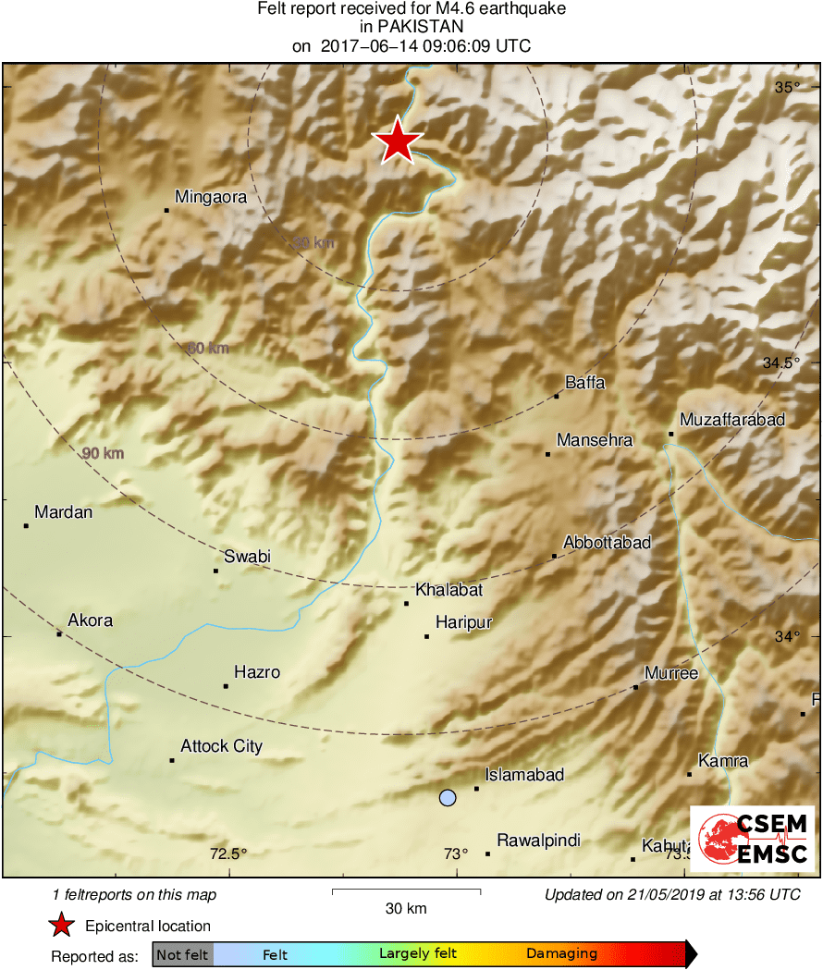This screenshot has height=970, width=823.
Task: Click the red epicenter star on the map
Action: [x=398, y=141]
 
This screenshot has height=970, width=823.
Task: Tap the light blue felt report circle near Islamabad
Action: [x=448, y=797]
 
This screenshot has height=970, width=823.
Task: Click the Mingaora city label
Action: [x=211, y=196]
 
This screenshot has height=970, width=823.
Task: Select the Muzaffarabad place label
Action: [x=732, y=420]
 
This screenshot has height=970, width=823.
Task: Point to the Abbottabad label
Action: [x=608, y=543]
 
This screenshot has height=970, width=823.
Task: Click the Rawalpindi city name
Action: [x=539, y=841]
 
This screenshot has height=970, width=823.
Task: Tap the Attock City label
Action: [x=222, y=746]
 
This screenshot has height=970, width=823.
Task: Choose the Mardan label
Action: [x=64, y=511]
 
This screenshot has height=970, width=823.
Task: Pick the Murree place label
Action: [x=671, y=673]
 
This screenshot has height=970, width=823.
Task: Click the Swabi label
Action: [x=248, y=557]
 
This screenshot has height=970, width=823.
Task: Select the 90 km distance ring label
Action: [x=103, y=453]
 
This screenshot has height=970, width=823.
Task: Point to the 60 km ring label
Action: [x=208, y=349]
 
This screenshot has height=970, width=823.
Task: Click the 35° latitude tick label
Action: [x=788, y=88]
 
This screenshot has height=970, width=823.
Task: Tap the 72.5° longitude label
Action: [x=229, y=853]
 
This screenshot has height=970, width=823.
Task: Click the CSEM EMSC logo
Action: [x=753, y=840]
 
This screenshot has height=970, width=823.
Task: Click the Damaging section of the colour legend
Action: [x=562, y=953]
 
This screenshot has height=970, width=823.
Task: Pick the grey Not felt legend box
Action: [x=182, y=954]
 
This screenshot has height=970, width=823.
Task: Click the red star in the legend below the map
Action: [x=61, y=925]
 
